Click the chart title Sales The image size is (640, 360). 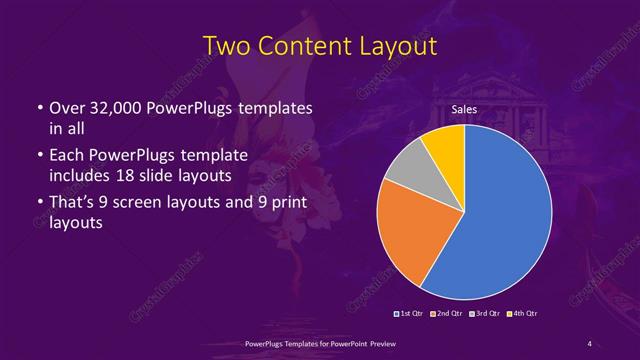(x=464, y=108)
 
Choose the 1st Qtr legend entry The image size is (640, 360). (x=410, y=314)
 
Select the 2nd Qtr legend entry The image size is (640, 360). (x=447, y=314)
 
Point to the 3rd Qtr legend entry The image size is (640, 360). (x=485, y=314)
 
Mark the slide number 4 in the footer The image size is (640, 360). (x=589, y=344)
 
